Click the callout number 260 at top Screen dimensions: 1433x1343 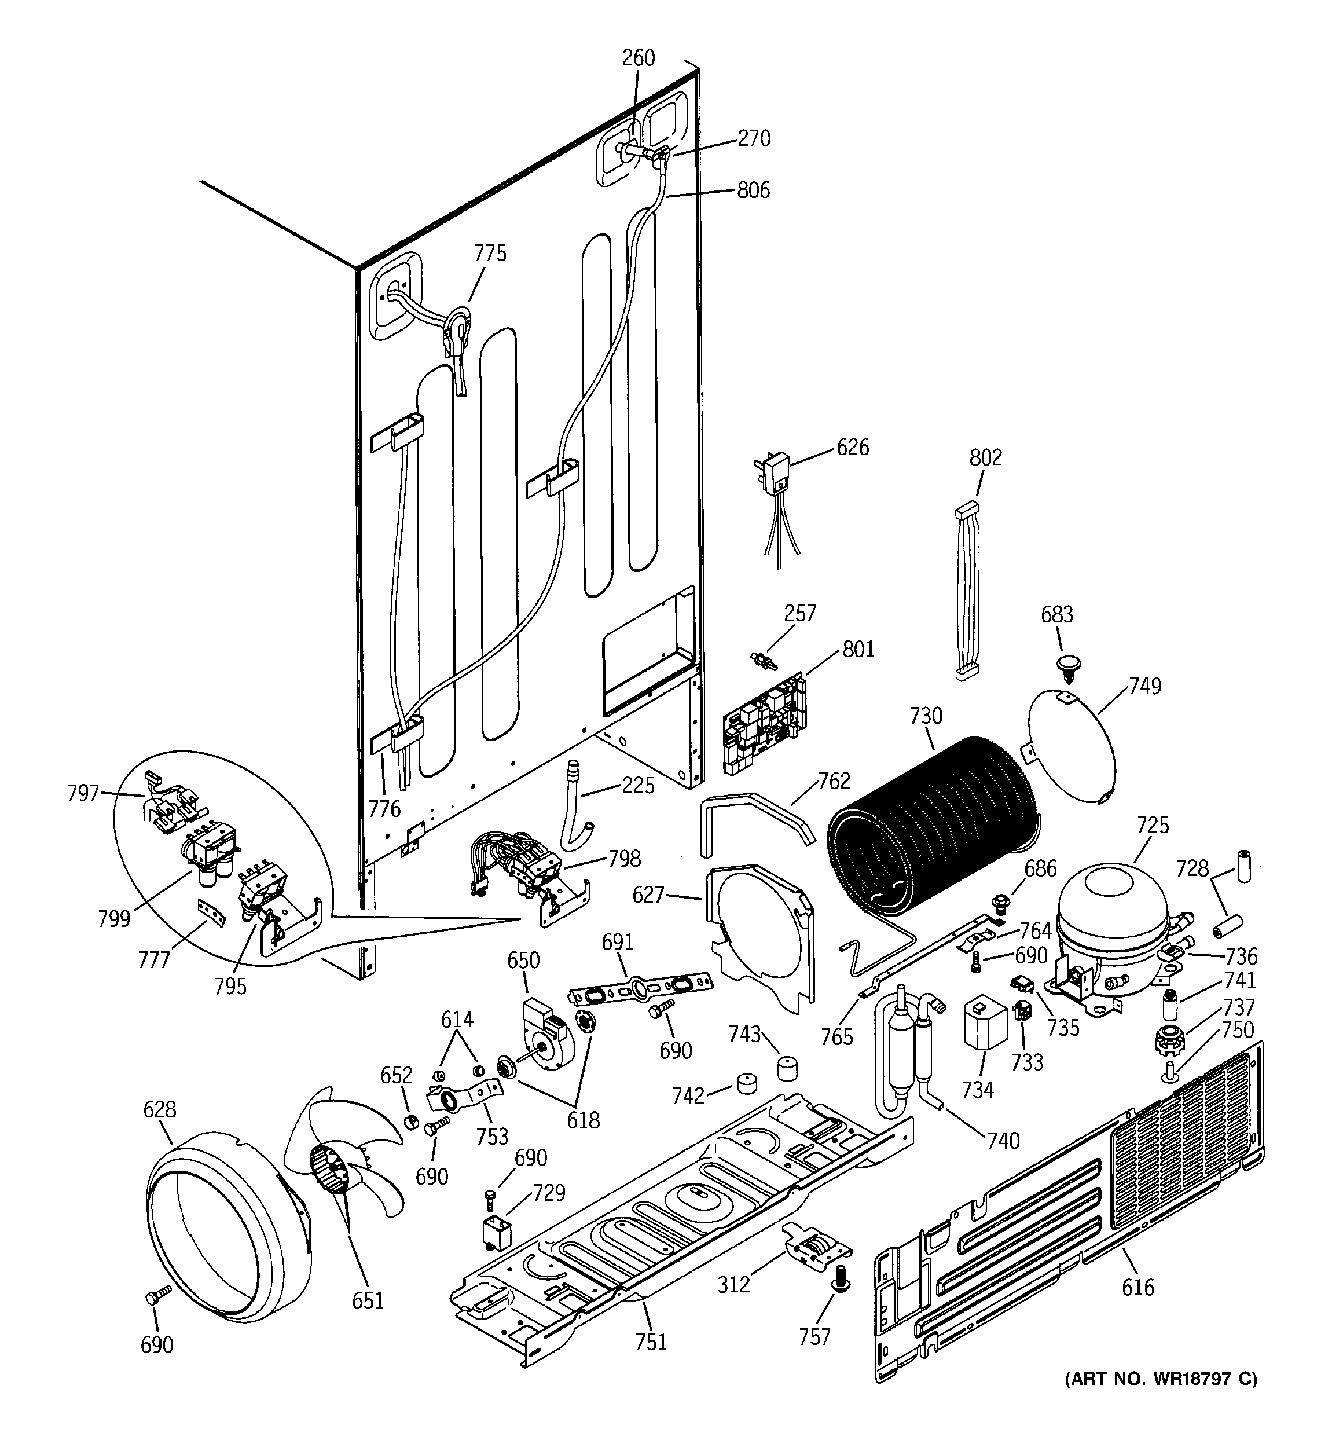tap(638, 58)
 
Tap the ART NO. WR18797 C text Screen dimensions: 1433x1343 tap(1161, 1380)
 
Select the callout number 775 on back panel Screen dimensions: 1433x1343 tap(490, 253)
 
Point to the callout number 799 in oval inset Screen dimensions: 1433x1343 tap(114, 919)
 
